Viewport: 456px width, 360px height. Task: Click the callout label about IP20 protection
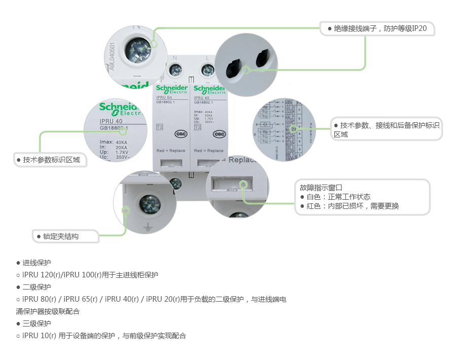point(377,28)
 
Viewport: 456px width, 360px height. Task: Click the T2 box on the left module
point(160,127)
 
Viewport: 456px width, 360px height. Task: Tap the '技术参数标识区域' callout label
point(51,160)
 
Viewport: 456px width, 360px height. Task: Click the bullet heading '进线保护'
point(36,263)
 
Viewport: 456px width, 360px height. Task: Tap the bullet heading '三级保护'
point(36,323)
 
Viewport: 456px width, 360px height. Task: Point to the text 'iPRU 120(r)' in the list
point(41,275)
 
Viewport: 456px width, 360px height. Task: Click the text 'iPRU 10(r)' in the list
point(39,336)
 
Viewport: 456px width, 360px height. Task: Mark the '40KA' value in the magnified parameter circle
point(121,142)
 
